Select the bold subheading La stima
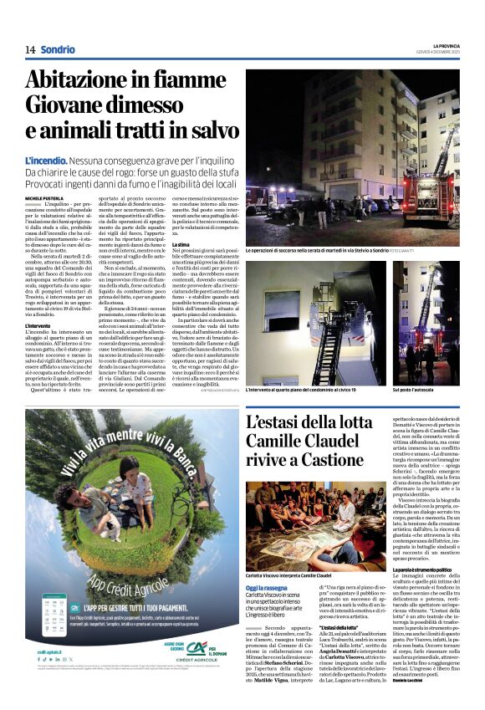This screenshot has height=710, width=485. [x=180, y=244]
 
